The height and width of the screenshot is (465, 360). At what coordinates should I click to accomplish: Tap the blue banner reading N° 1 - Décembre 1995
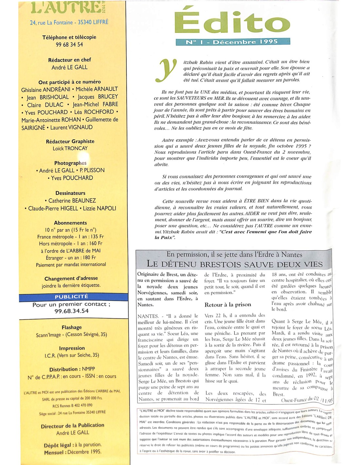(x=233, y=42)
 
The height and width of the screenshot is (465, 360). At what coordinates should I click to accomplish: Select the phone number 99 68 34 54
(x=69, y=44)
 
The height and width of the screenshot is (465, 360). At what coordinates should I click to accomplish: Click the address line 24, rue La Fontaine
(x=69, y=23)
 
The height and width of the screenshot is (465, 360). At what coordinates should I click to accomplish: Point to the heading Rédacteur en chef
(x=69, y=60)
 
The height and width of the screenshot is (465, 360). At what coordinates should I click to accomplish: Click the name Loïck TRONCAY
(x=70, y=148)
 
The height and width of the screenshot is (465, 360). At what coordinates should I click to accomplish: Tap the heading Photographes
(x=70, y=163)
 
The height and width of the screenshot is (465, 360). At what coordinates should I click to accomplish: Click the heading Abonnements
(x=70, y=223)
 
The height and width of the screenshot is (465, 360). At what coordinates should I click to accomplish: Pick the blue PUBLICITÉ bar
(x=72, y=297)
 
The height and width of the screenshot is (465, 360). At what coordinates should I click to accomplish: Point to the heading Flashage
(x=72, y=327)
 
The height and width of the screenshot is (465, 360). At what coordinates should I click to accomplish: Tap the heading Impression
(x=72, y=348)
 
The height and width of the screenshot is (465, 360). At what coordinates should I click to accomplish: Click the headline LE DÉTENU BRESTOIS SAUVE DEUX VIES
(x=234, y=264)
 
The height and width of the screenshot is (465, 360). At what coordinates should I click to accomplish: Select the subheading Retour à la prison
(x=228, y=305)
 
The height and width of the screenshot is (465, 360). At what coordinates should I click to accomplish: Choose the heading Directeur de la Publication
(x=72, y=425)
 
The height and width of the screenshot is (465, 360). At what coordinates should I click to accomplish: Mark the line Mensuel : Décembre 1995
(x=73, y=452)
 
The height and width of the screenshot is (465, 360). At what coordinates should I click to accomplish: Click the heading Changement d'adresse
(x=71, y=278)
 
